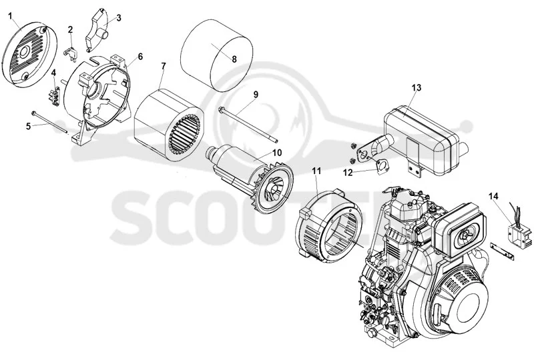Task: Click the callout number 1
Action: point(10,15)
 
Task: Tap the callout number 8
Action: point(234,59)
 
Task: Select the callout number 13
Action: point(416,88)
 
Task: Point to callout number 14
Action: point(493,196)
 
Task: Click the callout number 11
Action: point(316,171)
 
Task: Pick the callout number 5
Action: point(28,126)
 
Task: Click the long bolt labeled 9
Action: point(248,125)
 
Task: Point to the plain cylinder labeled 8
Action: point(216,55)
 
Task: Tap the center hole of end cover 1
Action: point(24,53)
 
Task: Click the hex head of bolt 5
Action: point(34,113)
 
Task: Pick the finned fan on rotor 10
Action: point(272,189)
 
